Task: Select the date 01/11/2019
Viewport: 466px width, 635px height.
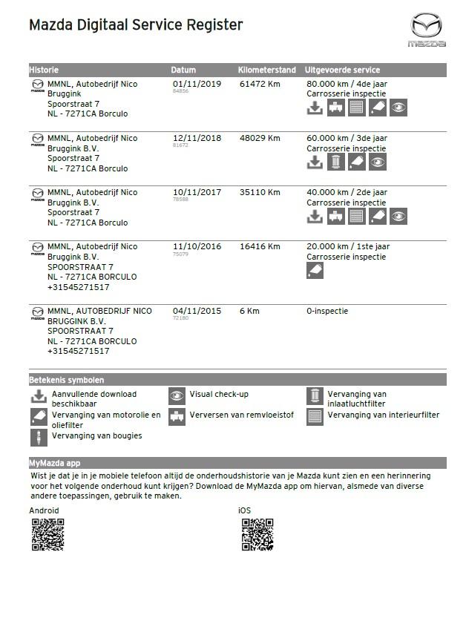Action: (x=197, y=84)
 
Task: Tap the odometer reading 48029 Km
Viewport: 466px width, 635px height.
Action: (x=260, y=138)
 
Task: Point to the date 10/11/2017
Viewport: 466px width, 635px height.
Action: (x=197, y=192)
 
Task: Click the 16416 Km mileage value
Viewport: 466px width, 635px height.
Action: (x=260, y=246)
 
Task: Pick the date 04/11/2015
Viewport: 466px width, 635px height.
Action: (x=197, y=311)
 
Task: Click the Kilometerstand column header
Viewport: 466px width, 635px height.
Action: (x=267, y=70)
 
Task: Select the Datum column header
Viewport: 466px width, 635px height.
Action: (x=183, y=70)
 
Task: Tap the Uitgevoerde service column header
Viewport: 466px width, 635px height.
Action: (x=342, y=70)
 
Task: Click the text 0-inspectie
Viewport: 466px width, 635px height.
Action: (x=327, y=311)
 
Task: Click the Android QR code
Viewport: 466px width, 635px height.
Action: (x=47, y=535)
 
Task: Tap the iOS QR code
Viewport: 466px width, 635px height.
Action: (x=257, y=535)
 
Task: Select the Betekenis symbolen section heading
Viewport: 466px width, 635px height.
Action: (x=67, y=380)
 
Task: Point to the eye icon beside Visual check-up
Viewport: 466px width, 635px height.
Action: (x=177, y=395)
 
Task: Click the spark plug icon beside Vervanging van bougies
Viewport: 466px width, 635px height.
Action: (x=38, y=437)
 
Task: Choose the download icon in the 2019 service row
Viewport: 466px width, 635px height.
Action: (x=315, y=108)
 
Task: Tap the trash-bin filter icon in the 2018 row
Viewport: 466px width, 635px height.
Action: (x=336, y=162)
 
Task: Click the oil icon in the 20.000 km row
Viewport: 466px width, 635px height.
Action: (x=315, y=270)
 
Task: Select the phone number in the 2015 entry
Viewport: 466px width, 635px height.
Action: (x=78, y=351)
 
